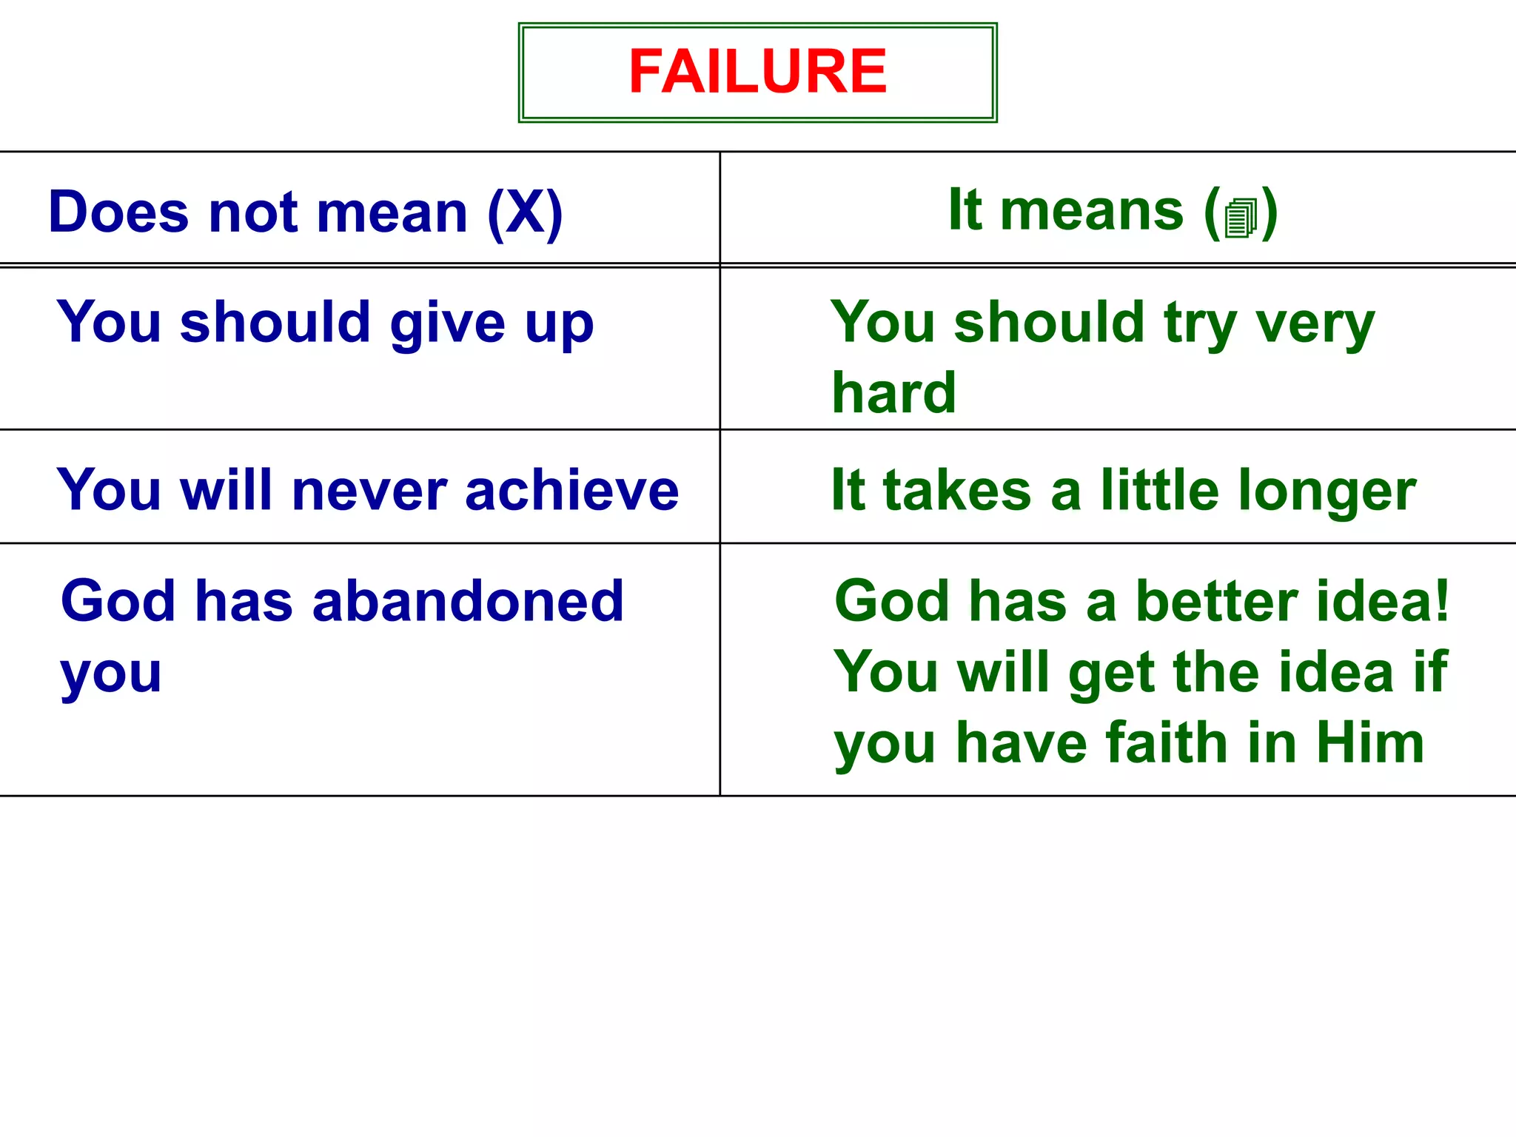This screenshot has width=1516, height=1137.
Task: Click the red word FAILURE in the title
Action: tap(757, 71)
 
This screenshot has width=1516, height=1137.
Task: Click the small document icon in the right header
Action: tap(1241, 218)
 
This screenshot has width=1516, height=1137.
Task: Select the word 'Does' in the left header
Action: tap(118, 212)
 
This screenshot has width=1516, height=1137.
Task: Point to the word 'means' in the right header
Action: tap(1092, 211)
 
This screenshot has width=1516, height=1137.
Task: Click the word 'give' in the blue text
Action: tap(447, 324)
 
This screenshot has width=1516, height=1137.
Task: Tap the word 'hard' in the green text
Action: tap(893, 392)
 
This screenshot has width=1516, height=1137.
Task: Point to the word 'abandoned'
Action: tap(468, 600)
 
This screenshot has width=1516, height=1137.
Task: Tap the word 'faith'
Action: tap(1169, 743)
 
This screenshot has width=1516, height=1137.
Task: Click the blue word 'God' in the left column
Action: tap(118, 600)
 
